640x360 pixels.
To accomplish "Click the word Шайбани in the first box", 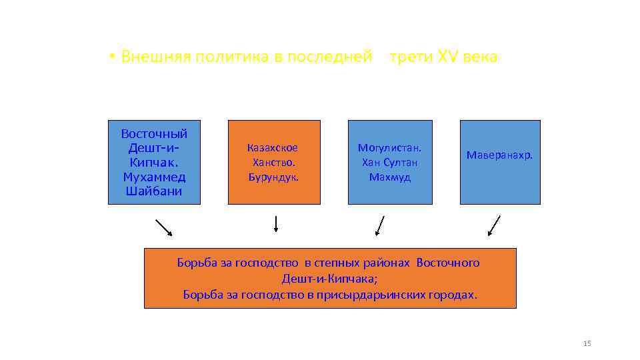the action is pyautogui.click(x=154, y=192).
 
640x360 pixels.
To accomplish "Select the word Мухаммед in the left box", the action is pyautogui.click(x=154, y=177).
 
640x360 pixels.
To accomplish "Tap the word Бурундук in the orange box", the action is pyautogui.click(x=273, y=177).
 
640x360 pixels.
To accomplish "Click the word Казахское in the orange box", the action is pyautogui.click(x=273, y=148).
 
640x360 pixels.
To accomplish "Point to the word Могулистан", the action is pyautogui.click(x=390, y=148).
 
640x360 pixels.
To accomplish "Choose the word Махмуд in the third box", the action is pyautogui.click(x=390, y=177).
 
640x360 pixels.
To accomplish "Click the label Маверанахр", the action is pyautogui.click(x=499, y=155).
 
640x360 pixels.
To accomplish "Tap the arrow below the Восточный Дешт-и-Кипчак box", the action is pyautogui.click(x=163, y=227).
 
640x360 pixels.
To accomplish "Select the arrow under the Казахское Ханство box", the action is pyautogui.click(x=276, y=224).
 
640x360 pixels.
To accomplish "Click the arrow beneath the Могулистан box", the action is pyautogui.click(x=380, y=225).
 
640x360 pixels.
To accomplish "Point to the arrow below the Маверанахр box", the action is pyautogui.click(x=494, y=225).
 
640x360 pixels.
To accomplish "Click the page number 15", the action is pyautogui.click(x=587, y=343).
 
